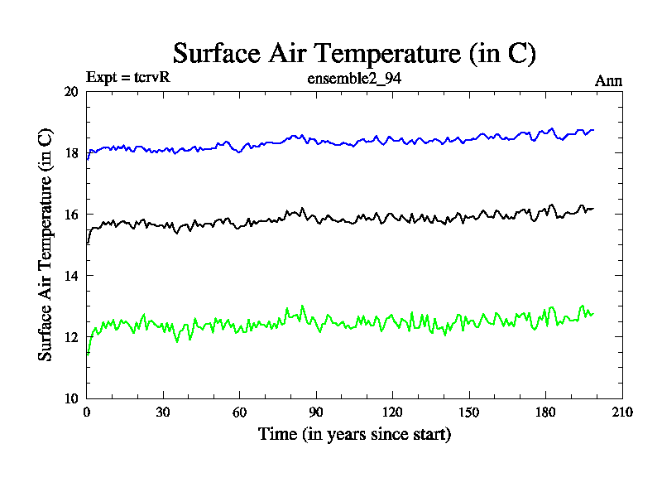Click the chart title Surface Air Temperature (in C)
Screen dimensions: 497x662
[x=354, y=54]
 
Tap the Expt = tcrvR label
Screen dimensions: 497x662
[x=128, y=79]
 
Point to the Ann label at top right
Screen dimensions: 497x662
[x=608, y=80]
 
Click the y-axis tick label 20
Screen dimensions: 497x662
[x=71, y=92]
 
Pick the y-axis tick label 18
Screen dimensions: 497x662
[x=71, y=153]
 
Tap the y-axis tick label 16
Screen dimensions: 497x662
[x=71, y=215]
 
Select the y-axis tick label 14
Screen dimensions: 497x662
[x=71, y=276]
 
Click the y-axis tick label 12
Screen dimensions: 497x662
[x=71, y=337]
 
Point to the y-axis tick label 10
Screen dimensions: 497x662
[x=71, y=398]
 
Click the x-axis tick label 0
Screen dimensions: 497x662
[x=87, y=413]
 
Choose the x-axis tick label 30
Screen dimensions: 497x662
[x=163, y=413]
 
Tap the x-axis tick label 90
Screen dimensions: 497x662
[x=316, y=413]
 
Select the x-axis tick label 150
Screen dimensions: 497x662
[x=468, y=413]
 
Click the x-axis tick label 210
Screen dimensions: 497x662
[x=621, y=413]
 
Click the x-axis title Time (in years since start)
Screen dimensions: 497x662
[x=354, y=433]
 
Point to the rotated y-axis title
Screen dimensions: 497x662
[x=46, y=244]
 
